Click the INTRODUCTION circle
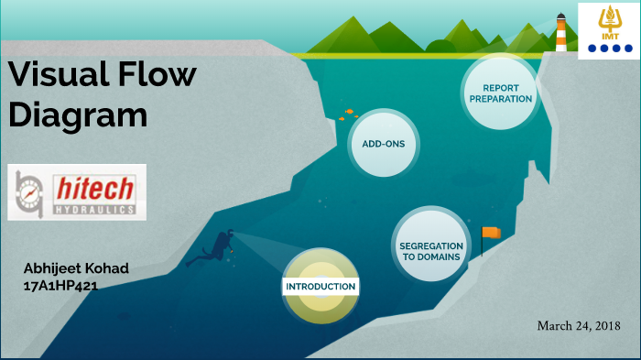[320, 287]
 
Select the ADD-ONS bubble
[383, 144]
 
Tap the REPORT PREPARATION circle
[500, 93]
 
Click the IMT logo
[609, 30]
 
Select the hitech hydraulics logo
[76, 192]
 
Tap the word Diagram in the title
[78, 115]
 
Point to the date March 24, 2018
[579, 325]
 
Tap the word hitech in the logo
[95, 188]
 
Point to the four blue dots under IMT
[609, 49]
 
